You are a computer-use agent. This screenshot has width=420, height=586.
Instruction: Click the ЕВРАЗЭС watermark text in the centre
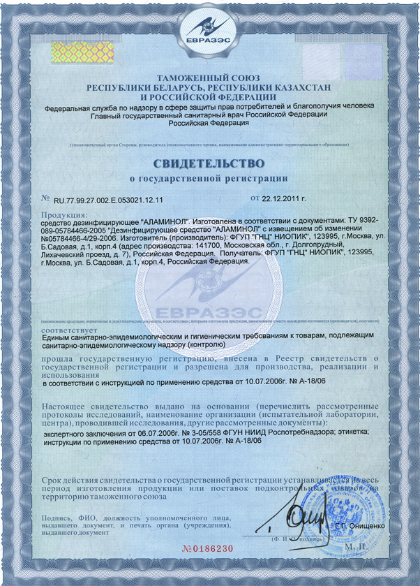pos(210,310)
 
